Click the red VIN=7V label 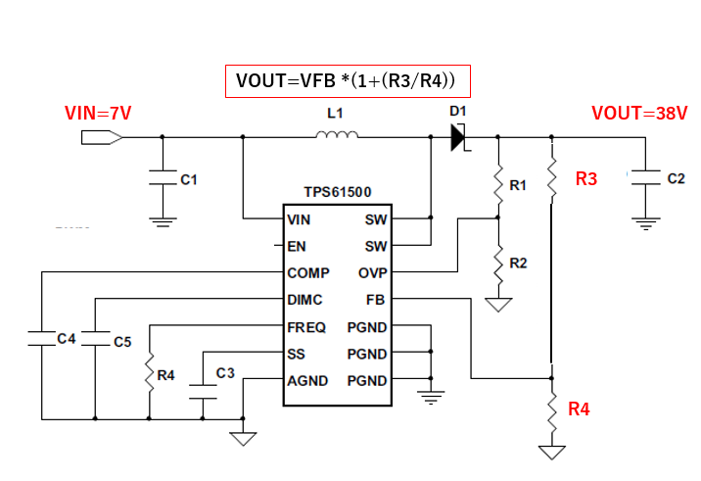(98, 114)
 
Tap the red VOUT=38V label (639, 114)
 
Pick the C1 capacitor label (190, 179)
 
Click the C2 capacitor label (676, 179)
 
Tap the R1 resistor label (519, 184)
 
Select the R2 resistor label (519, 263)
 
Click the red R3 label (586, 179)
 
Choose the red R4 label (580, 409)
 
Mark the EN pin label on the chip (297, 246)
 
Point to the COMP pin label (308, 272)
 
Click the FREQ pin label (307, 326)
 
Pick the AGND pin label (308, 380)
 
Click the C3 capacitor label (225, 372)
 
